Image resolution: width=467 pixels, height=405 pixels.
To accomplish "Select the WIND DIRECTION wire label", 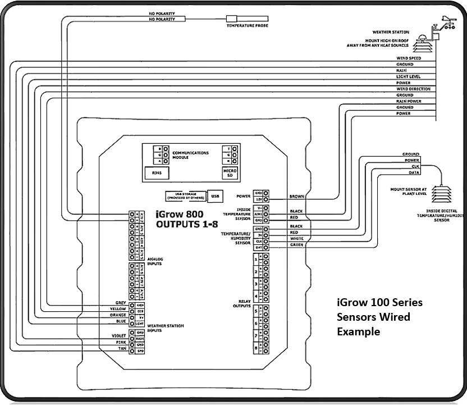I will click(413, 89).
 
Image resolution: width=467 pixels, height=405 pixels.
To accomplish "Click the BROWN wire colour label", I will click(297, 197).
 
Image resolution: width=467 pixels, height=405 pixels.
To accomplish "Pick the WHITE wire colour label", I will click(297, 238).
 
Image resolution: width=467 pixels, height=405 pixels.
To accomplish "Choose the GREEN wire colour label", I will click(297, 244).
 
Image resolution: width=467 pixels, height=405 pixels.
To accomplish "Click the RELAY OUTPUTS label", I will click(241, 304).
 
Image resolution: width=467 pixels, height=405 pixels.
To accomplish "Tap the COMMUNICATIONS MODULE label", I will click(191, 154).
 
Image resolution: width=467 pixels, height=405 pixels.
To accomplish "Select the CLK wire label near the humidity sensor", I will click(415, 167).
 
